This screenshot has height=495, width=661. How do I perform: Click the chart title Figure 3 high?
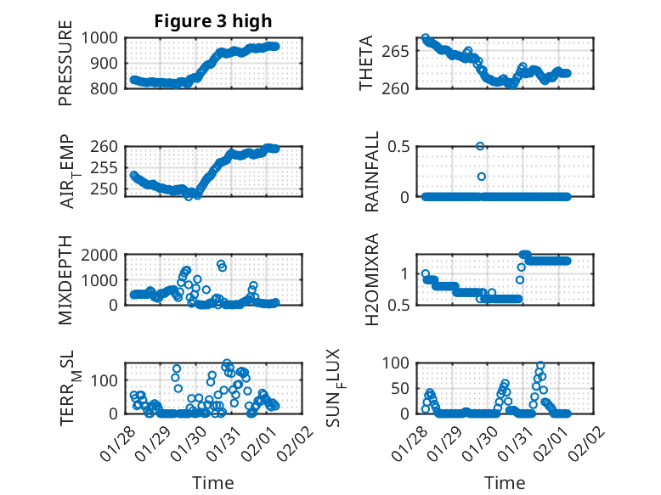point(212,21)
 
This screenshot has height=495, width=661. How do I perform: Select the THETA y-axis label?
point(366,63)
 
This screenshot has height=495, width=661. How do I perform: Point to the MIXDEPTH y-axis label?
point(65,280)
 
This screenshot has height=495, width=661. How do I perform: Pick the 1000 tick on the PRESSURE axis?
point(103,38)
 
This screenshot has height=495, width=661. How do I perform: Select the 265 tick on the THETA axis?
point(402,51)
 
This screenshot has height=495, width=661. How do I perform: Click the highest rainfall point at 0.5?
point(480,146)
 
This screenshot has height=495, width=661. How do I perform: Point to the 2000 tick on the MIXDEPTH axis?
point(103,255)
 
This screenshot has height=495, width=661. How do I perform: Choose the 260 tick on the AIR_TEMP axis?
point(107,146)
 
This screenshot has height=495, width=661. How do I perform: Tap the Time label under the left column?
point(212,482)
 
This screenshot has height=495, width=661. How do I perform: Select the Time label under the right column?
point(505,482)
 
